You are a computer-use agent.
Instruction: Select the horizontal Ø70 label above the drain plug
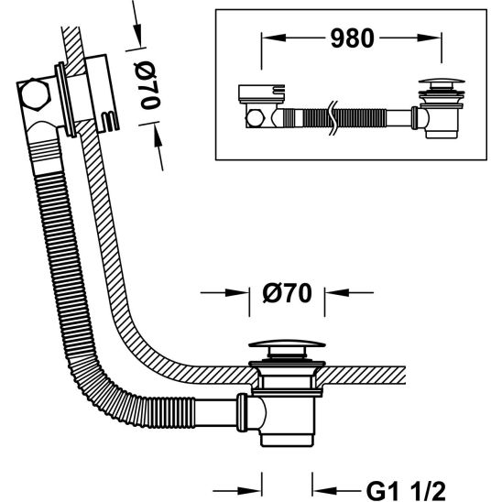(288, 294)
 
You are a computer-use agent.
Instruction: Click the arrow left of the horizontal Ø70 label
(239, 294)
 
